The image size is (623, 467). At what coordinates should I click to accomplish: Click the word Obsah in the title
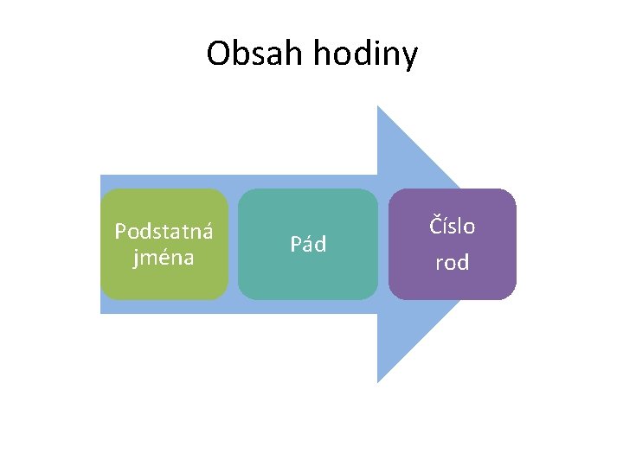click(x=256, y=54)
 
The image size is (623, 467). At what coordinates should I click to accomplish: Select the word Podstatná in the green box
click(x=164, y=232)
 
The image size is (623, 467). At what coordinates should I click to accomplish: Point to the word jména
click(x=164, y=257)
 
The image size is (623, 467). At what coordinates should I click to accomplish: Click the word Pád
click(x=308, y=245)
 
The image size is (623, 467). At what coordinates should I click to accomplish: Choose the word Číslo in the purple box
click(x=453, y=227)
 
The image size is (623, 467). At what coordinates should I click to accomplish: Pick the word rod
click(x=453, y=263)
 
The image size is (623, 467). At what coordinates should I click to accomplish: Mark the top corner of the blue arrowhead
click(x=378, y=107)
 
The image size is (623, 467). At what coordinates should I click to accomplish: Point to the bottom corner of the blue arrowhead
click(x=378, y=381)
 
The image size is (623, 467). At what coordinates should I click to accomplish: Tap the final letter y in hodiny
click(x=410, y=57)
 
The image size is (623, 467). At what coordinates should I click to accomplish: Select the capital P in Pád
click(x=296, y=245)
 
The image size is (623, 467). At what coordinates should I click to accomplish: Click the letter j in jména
click(x=135, y=259)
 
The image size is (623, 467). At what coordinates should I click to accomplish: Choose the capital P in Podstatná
click(x=120, y=232)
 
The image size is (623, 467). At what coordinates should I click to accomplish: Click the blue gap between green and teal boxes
click(x=233, y=245)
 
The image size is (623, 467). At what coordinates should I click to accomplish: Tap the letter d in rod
click(x=463, y=263)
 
